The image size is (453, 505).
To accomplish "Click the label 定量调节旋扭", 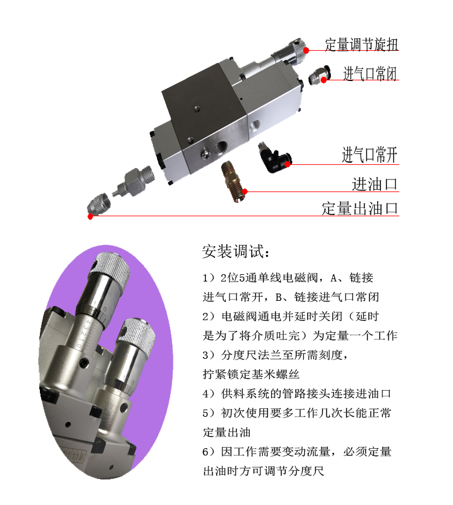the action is click(362, 45).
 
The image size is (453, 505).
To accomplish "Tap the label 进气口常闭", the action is click(370, 74).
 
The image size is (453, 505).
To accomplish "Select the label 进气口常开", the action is click(370, 155).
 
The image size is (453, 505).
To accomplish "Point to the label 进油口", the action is click(374, 184).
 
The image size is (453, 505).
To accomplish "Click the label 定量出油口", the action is click(360, 208).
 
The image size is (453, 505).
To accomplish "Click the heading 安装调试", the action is click(236, 251).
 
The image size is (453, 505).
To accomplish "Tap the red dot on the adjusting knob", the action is click(306, 50).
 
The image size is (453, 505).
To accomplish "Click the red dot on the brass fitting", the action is click(245, 191).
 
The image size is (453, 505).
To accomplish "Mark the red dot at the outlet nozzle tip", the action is click(91, 216).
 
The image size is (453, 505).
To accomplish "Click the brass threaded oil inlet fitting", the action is click(233, 181).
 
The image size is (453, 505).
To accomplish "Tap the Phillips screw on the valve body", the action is click(205, 155).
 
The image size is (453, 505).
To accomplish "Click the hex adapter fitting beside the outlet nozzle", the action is click(133, 182).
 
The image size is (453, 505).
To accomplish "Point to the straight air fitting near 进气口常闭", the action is click(320, 75).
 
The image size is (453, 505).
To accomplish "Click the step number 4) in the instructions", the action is click(208, 394).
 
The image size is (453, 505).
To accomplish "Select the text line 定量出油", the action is click(226, 433).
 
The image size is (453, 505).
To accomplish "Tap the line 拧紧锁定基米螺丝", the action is click(251, 375).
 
